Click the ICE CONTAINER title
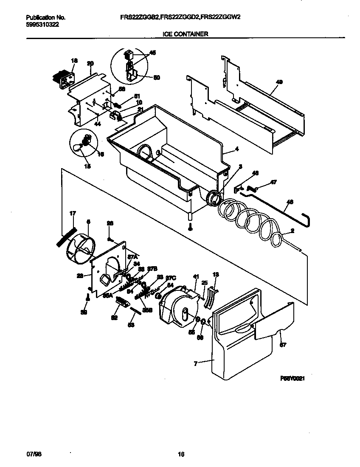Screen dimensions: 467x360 click(186, 34)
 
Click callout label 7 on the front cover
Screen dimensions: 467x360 click(196, 363)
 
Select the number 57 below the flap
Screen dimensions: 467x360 click(283, 345)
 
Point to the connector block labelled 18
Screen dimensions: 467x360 click(62, 80)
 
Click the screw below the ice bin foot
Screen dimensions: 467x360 click(190, 228)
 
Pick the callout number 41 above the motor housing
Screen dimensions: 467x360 click(196, 277)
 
